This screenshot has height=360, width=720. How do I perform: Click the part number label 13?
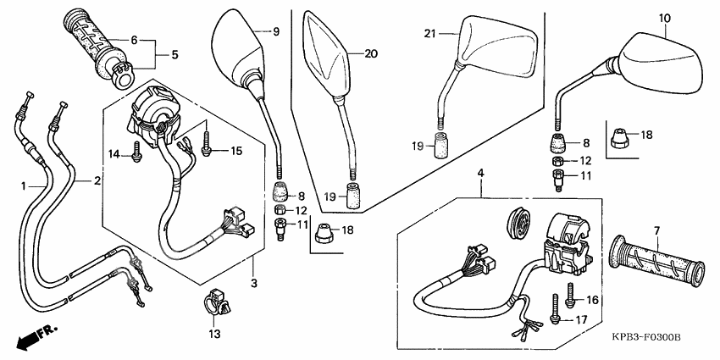tap(213, 335)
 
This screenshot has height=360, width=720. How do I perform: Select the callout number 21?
tap(429, 33)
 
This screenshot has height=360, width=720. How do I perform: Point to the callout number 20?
tap(369, 54)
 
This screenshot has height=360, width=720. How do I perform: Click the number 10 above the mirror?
tap(665, 18)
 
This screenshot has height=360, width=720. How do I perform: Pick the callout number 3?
tap(253, 282)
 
